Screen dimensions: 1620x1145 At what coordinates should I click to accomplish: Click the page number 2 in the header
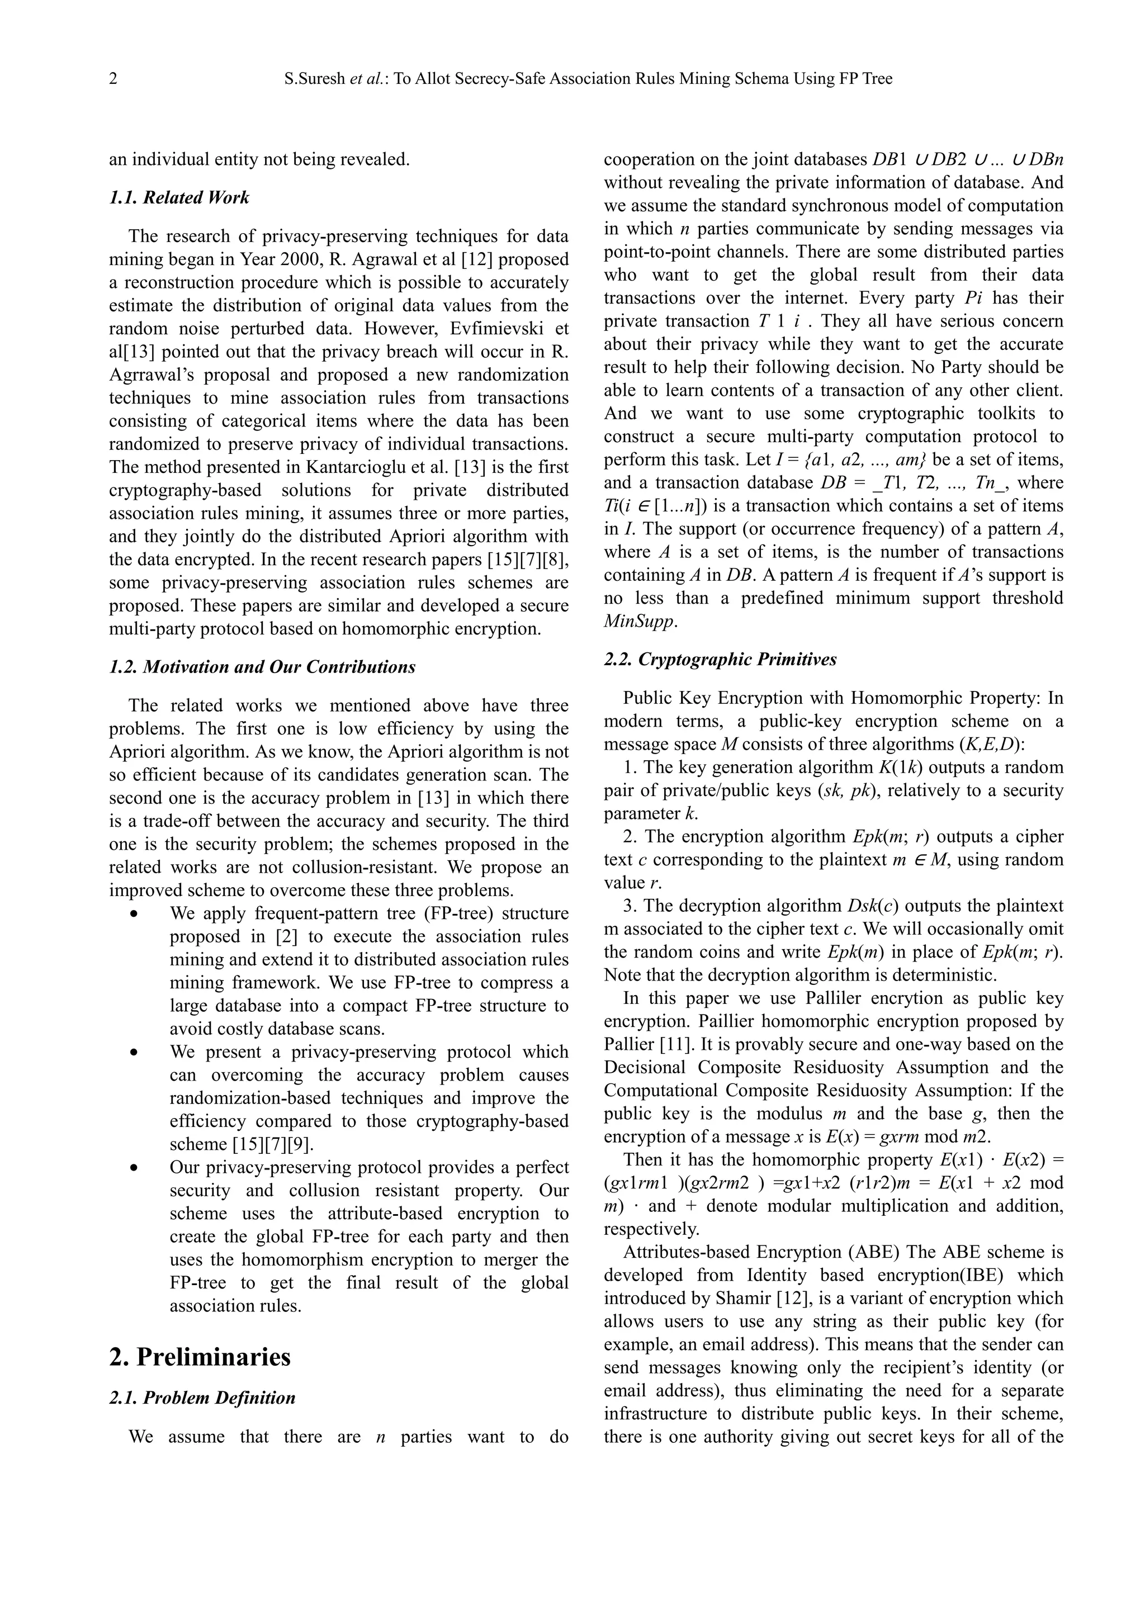113,79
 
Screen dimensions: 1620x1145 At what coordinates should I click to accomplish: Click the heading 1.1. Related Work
179,197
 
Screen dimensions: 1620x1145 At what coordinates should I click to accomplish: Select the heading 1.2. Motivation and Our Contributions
262,667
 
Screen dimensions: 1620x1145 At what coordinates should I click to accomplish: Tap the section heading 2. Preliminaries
200,1357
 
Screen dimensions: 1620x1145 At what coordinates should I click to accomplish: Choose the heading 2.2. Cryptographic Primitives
720,660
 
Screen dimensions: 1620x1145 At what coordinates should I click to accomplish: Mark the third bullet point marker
134,1168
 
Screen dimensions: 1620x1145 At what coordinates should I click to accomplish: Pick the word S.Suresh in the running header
315,79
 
